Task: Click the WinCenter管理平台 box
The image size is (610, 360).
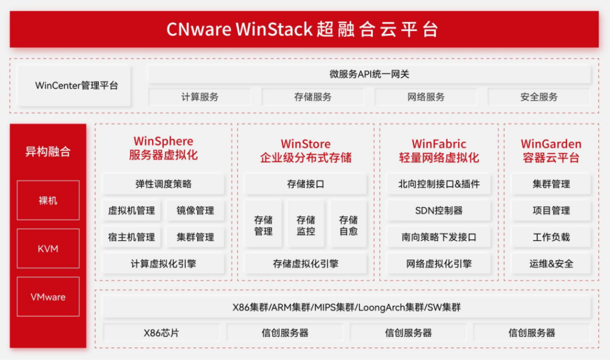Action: point(74,86)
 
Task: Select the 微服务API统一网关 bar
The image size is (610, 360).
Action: point(369,74)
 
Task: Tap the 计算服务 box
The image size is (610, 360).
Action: point(200,97)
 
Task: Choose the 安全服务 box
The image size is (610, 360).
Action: point(539,97)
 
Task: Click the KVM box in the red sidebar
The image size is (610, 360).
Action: point(48,249)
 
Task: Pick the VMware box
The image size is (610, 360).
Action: point(48,297)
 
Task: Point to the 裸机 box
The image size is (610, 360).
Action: point(48,200)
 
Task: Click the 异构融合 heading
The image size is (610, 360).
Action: point(48,151)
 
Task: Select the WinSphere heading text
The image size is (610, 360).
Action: point(163,141)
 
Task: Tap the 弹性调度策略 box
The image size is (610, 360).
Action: point(163,184)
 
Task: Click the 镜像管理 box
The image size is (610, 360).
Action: point(195,210)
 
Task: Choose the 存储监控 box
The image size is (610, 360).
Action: point(306,225)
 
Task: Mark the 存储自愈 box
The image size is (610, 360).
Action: point(348,225)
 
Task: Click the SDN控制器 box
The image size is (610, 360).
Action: point(439,210)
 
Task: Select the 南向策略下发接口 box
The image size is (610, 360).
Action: point(439,237)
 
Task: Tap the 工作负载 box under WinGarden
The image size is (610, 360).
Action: point(551,237)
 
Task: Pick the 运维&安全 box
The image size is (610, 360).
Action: point(551,263)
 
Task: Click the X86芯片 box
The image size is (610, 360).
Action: point(161,333)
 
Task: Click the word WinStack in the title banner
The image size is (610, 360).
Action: point(274,29)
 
